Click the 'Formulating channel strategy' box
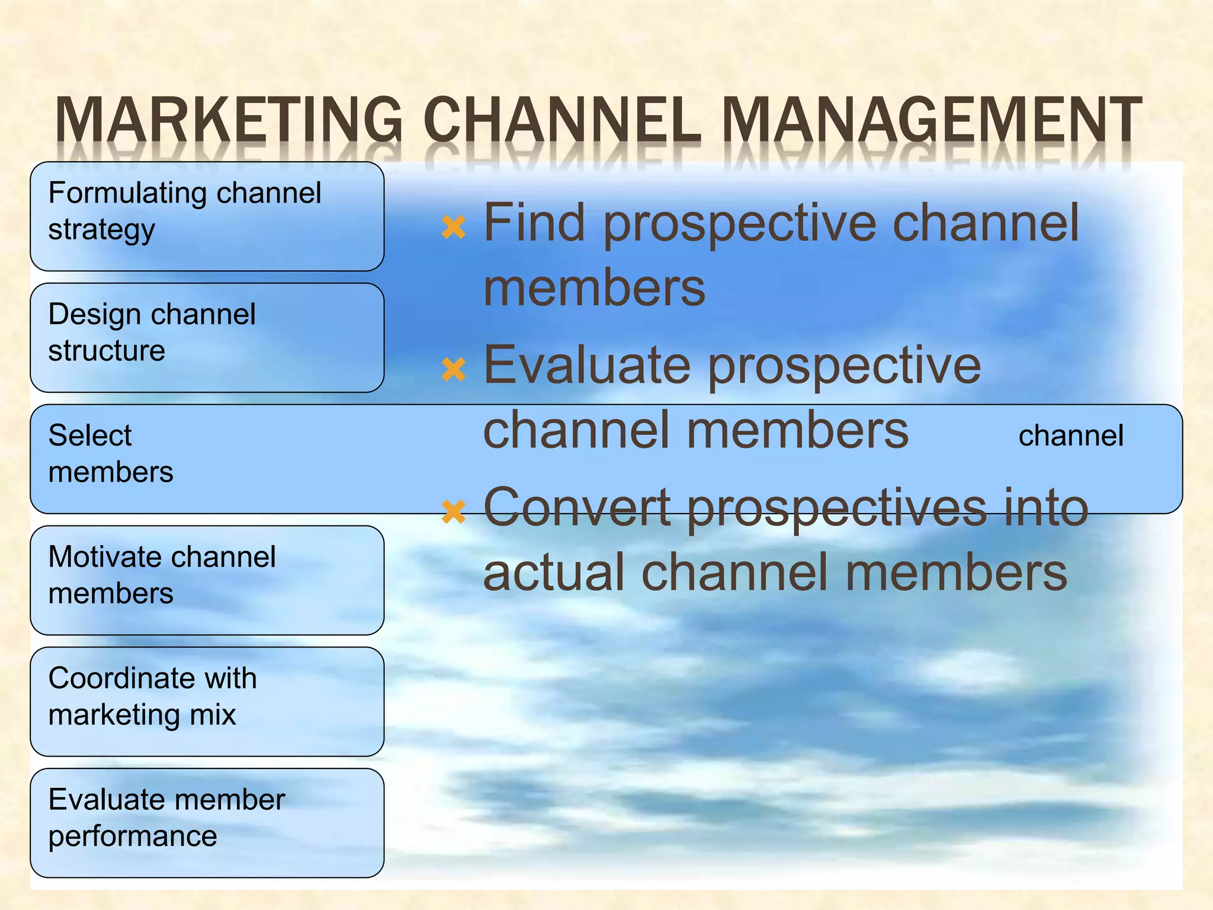(x=207, y=216)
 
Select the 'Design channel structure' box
(x=207, y=338)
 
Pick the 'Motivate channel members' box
(x=207, y=580)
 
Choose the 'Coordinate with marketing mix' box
(x=207, y=701)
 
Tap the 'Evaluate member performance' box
(x=207, y=823)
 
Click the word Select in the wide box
(x=90, y=435)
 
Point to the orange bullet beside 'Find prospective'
(x=454, y=227)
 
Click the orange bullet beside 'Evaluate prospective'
(x=454, y=369)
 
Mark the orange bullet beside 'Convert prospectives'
(x=454, y=511)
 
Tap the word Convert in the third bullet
(x=577, y=508)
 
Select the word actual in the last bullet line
(x=554, y=572)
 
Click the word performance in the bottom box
(x=133, y=836)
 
